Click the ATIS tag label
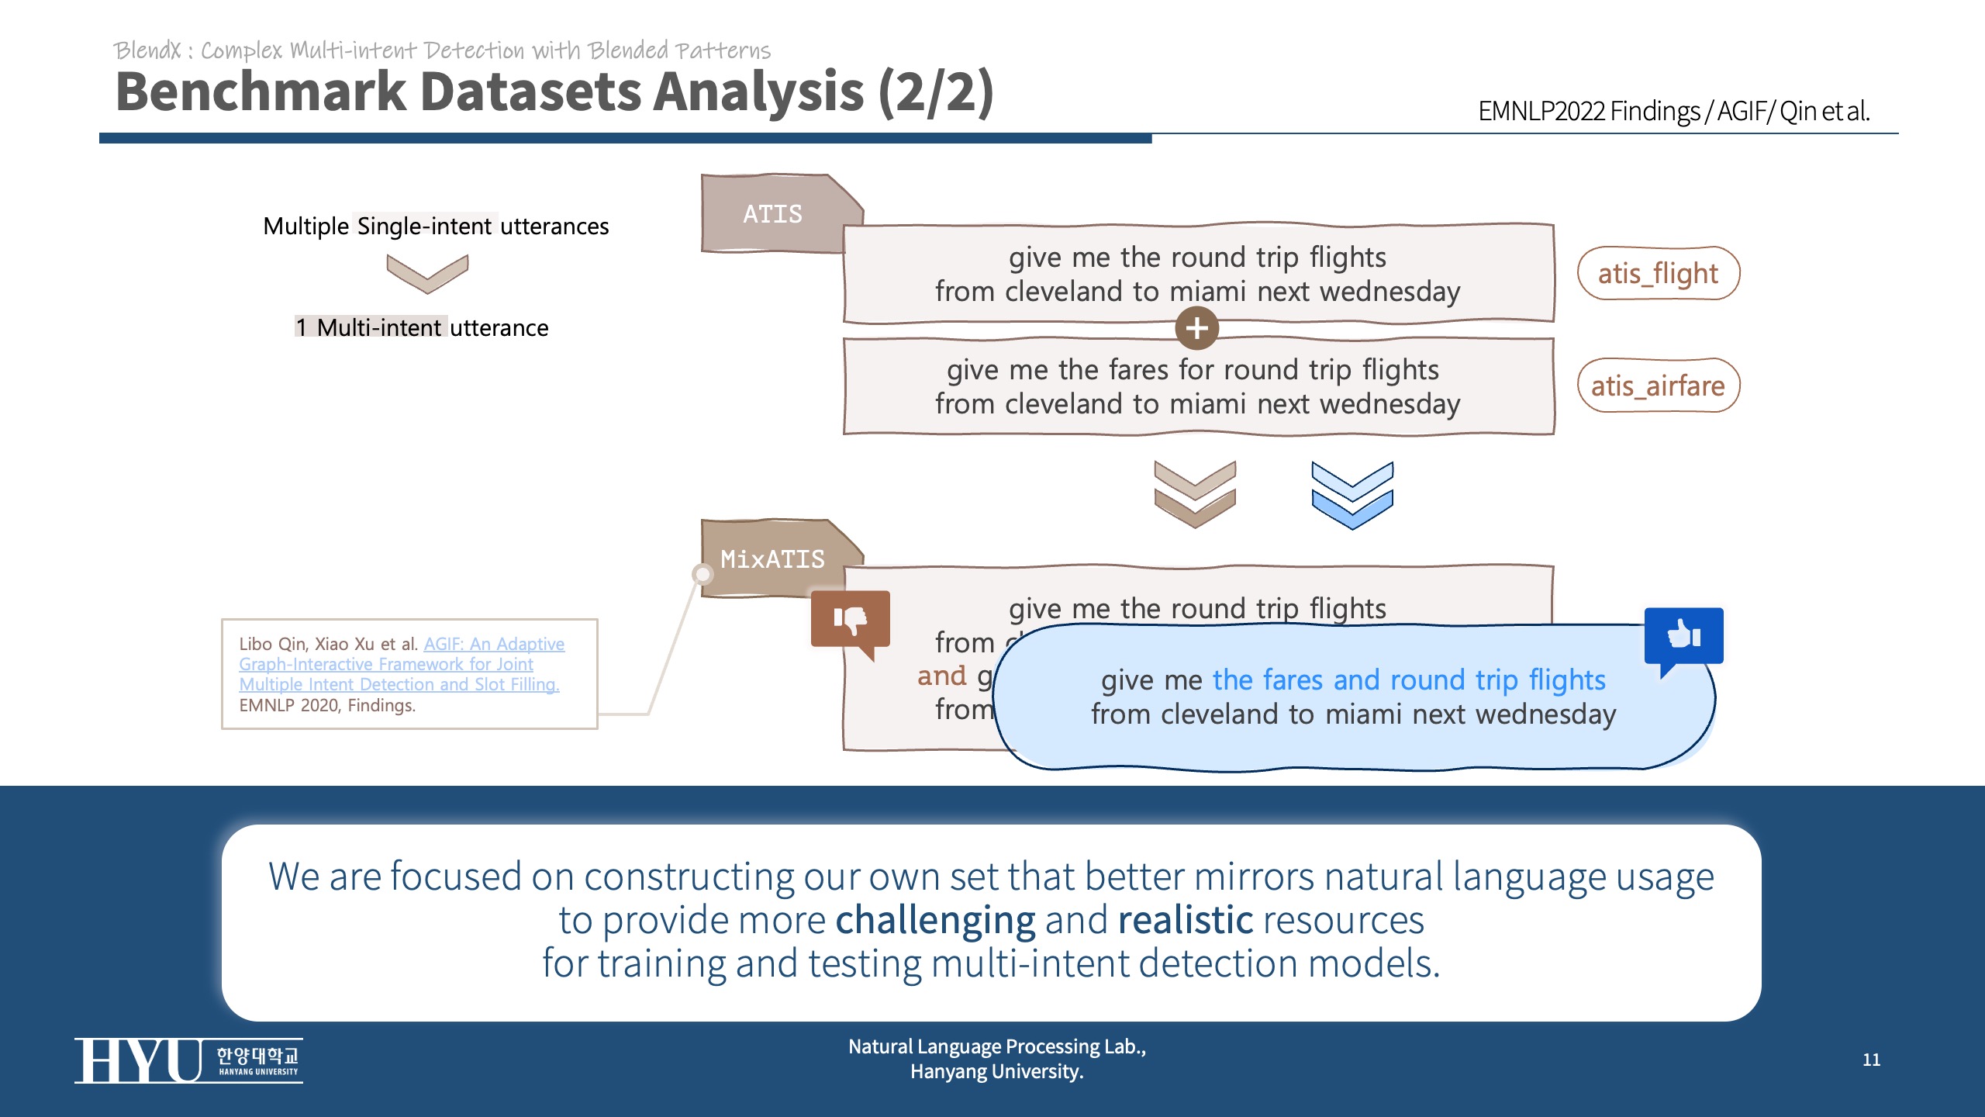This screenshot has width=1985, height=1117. point(772,213)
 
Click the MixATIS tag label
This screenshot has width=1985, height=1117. point(772,558)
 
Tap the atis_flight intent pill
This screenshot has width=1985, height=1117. point(1658,273)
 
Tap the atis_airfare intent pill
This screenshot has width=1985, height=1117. point(1658,386)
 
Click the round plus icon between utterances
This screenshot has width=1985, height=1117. point(1196,327)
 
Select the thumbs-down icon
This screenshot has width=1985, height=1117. point(851,620)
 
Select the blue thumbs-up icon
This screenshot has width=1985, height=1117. point(1683,635)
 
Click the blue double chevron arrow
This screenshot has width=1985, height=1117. point(1352,495)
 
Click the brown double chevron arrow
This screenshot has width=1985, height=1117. point(1194,494)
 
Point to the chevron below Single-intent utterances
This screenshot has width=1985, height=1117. point(427,273)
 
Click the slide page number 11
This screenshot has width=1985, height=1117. point(1871,1060)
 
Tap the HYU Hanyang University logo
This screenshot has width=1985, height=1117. point(188,1060)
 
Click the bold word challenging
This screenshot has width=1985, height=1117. point(935,920)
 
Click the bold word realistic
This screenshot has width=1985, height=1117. point(1185,920)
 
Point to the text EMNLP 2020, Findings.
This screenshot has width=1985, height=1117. point(327,705)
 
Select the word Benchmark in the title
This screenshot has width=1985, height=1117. point(261,92)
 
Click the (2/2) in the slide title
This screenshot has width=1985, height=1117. point(935,92)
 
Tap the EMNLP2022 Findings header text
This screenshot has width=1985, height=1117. point(1588,111)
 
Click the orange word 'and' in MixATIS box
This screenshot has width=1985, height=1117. point(941,676)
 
